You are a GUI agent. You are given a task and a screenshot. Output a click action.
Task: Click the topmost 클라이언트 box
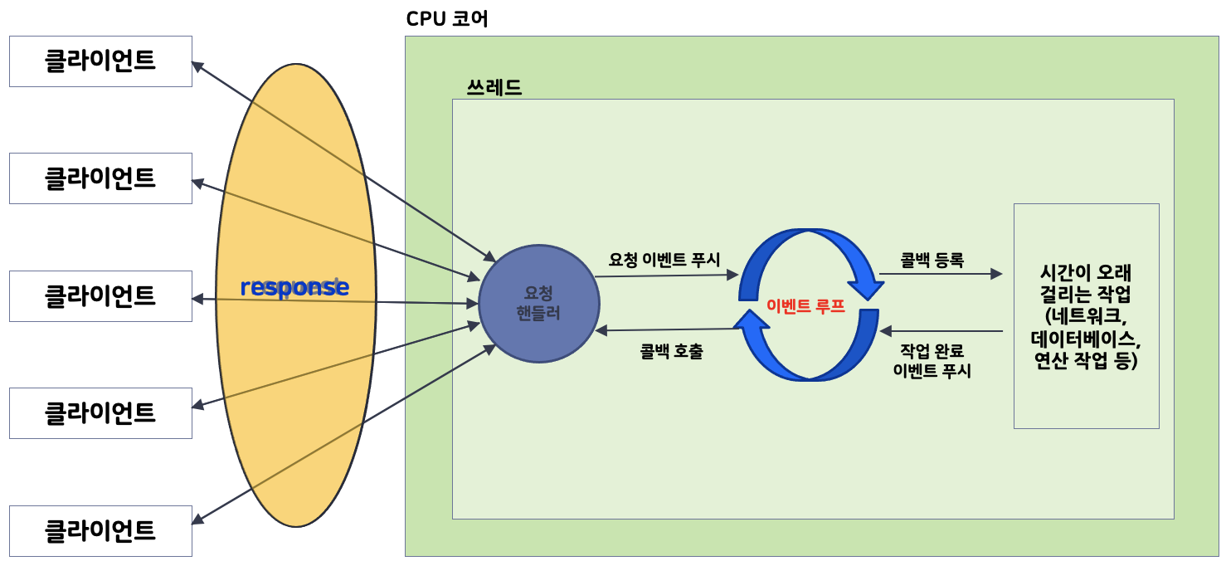(100, 61)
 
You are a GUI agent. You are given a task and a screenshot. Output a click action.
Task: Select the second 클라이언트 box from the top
(100, 178)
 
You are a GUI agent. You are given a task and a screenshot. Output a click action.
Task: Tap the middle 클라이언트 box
(100, 296)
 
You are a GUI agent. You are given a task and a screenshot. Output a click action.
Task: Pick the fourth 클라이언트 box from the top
(100, 413)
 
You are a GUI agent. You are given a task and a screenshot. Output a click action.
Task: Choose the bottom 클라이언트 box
(100, 531)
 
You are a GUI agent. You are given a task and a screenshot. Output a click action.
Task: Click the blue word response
(294, 287)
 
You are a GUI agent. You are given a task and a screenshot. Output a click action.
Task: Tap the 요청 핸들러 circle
(539, 303)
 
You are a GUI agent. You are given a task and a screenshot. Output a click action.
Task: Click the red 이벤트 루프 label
(805, 305)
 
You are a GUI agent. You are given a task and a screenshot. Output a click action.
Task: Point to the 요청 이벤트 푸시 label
(664, 259)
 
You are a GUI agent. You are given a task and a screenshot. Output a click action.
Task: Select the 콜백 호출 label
(672, 352)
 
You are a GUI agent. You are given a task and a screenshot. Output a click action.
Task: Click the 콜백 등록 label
(932, 260)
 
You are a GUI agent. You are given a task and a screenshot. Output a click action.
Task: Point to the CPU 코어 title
(447, 19)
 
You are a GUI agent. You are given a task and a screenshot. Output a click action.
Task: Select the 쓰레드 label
(494, 87)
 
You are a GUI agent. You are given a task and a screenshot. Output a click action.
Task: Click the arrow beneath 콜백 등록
(941, 274)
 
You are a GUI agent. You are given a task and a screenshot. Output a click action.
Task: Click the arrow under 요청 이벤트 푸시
(666, 276)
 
